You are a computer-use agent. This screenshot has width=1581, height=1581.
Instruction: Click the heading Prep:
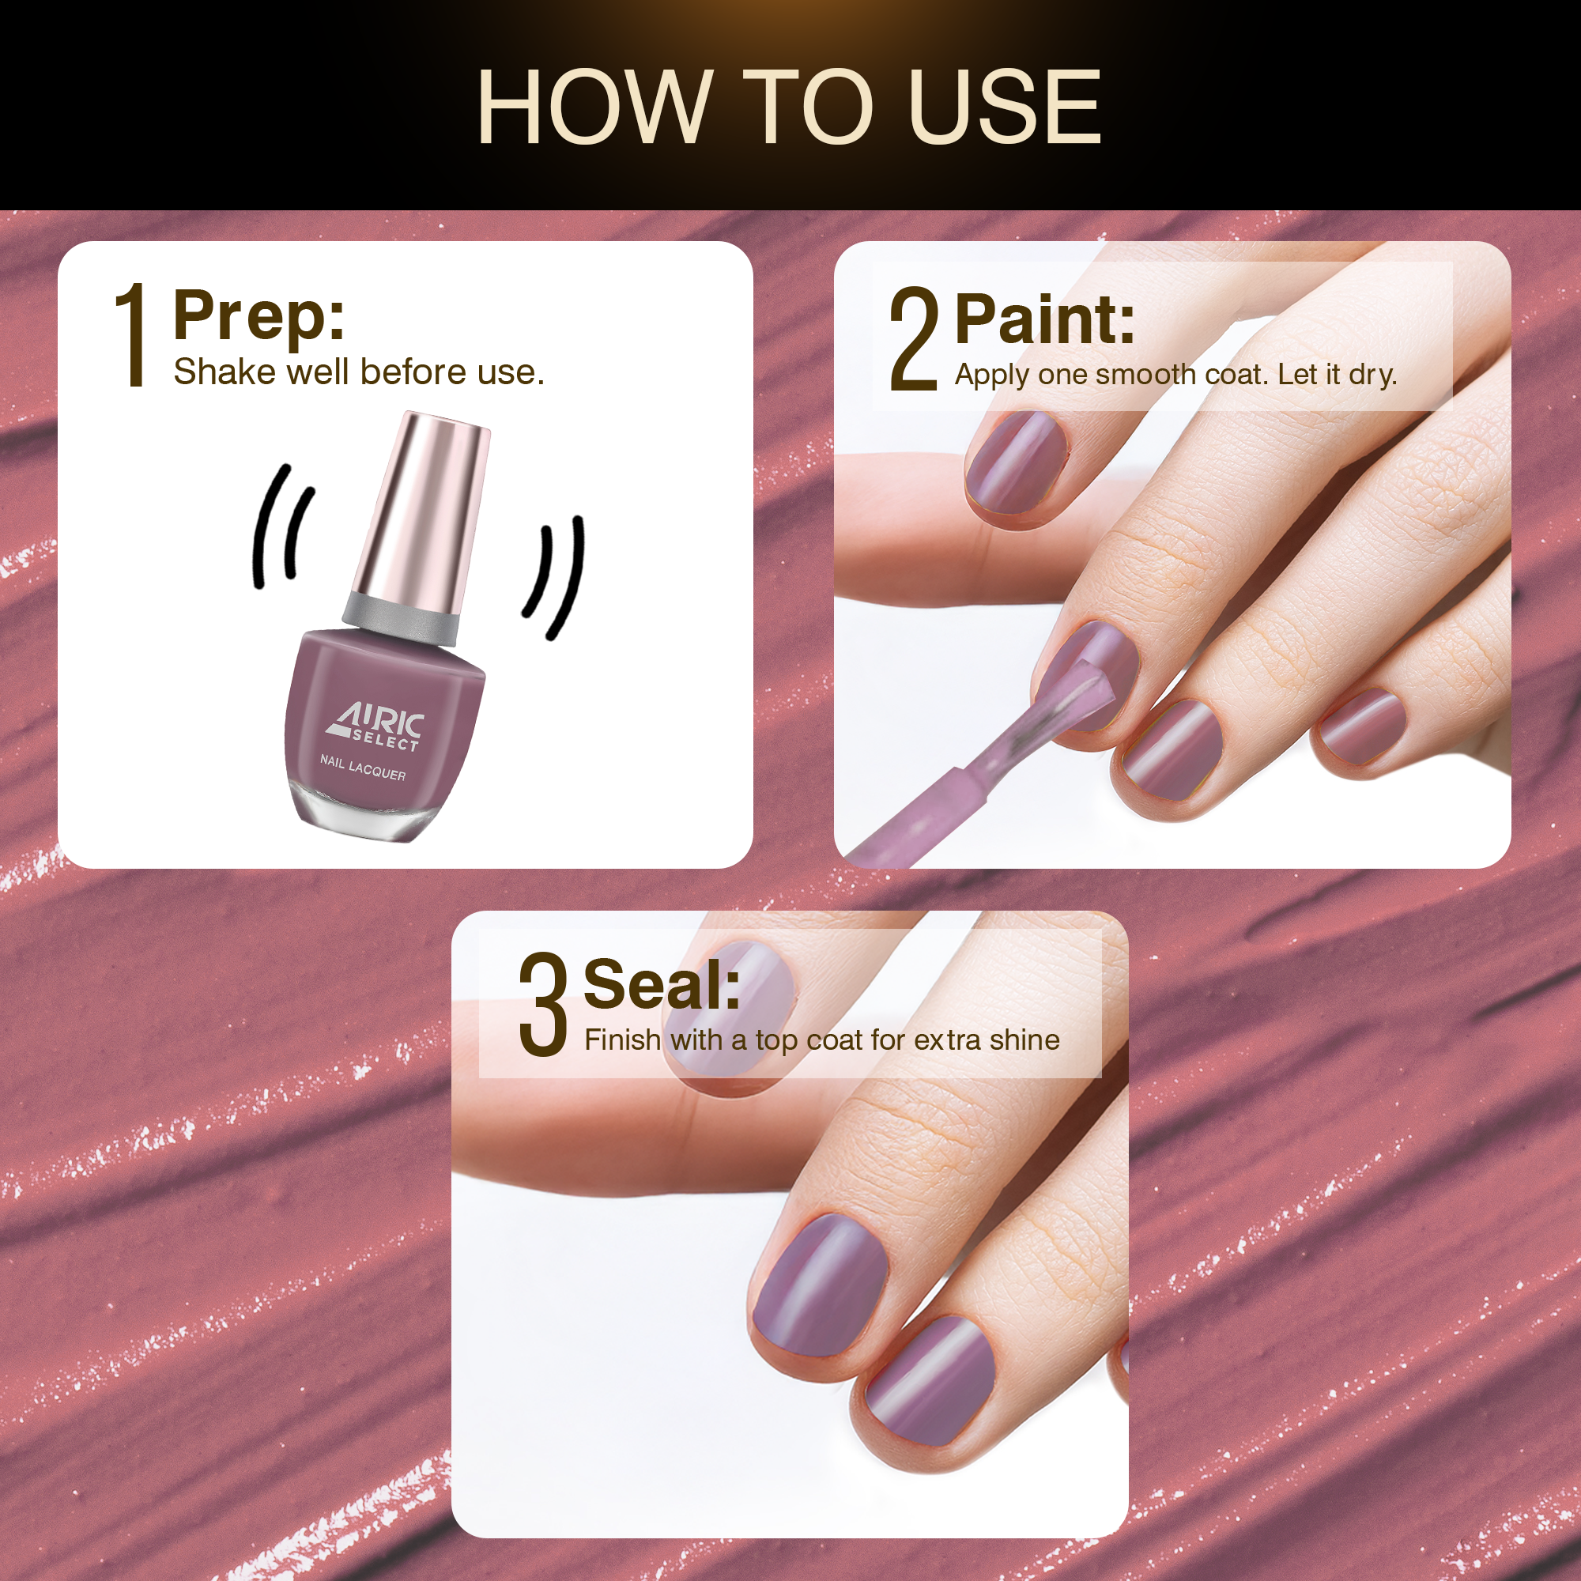258,316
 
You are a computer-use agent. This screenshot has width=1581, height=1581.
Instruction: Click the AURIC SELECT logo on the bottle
375,726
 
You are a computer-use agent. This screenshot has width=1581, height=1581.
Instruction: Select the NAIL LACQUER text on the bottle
363,768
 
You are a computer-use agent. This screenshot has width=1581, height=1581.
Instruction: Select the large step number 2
913,339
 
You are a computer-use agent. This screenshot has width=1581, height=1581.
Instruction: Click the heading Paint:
1045,319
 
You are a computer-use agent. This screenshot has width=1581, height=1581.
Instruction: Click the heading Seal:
662,984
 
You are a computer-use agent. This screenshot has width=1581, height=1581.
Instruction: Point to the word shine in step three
1024,1040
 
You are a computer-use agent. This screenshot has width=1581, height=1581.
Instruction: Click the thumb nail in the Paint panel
1017,463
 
